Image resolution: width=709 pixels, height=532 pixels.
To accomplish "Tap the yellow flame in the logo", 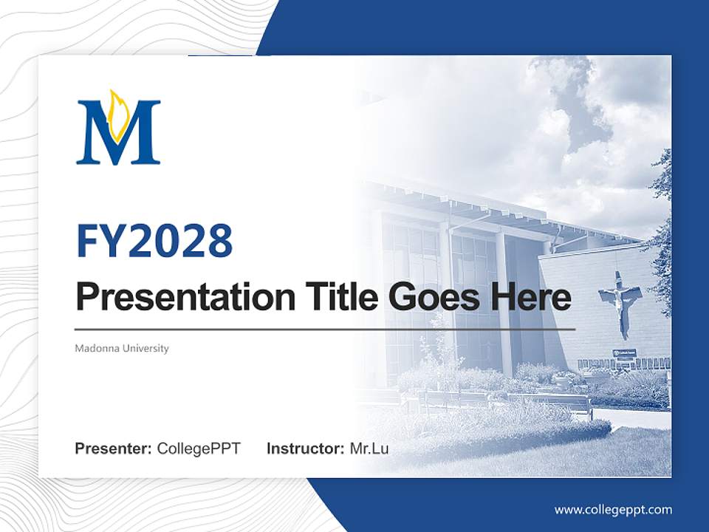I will coord(118,115).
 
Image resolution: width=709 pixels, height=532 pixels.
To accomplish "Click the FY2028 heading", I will coord(154,241).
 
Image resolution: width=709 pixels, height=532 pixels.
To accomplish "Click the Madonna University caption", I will coord(122,348).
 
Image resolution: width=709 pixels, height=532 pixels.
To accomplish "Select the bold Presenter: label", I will coord(114,449).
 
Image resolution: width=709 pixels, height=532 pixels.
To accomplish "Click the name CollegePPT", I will coord(199,449).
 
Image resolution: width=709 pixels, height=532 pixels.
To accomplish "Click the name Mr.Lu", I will coord(369,449).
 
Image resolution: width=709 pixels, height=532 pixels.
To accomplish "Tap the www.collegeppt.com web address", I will coord(613,510).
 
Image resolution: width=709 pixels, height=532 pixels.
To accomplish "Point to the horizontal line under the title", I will coord(325,329).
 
